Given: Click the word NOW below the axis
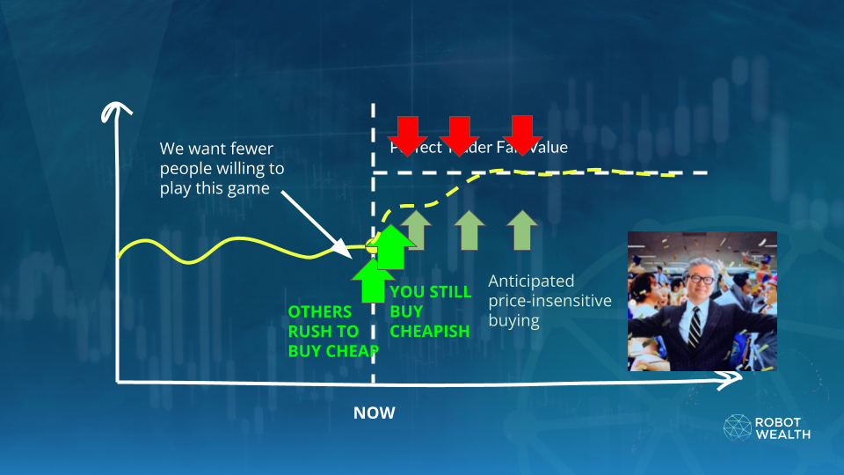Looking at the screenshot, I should pos(375,413).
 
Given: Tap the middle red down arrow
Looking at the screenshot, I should pos(456,133).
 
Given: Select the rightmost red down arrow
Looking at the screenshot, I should pos(523,133).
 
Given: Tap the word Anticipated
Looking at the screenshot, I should pos(531,281).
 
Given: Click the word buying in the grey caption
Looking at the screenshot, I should pos(514,321).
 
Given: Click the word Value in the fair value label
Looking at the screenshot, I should pos(546,147).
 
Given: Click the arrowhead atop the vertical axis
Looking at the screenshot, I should pos(110,112).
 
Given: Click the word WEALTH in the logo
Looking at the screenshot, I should pos(783,434).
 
